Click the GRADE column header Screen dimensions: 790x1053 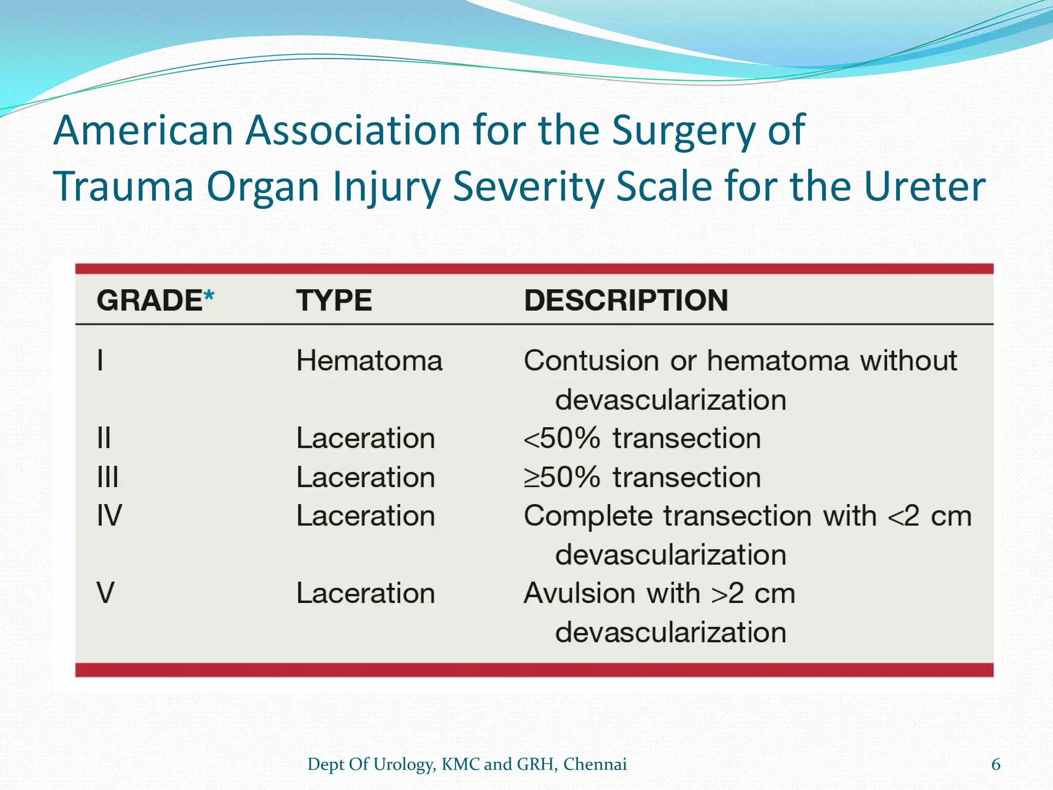click(x=149, y=300)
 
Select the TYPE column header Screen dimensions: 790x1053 click(x=334, y=300)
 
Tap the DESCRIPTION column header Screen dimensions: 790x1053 click(x=626, y=300)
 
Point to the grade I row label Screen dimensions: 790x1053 click(x=100, y=360)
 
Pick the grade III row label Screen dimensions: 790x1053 click(x=108, y=477)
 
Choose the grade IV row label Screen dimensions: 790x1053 click(x=110, y=516)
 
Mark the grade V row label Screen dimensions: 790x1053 click(x=105, y=593)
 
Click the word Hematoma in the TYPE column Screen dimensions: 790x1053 click(x=369, y=361)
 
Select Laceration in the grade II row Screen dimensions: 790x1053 click(x=366, y=439)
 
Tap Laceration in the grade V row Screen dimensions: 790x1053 click(x=366, y=594)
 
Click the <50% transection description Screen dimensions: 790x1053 click(x=642, y=439)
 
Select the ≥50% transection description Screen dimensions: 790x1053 click(x=642, y=477)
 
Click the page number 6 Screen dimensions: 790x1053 click(x=995, y=765)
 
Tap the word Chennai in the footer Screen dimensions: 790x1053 click(x=595, y=765)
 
